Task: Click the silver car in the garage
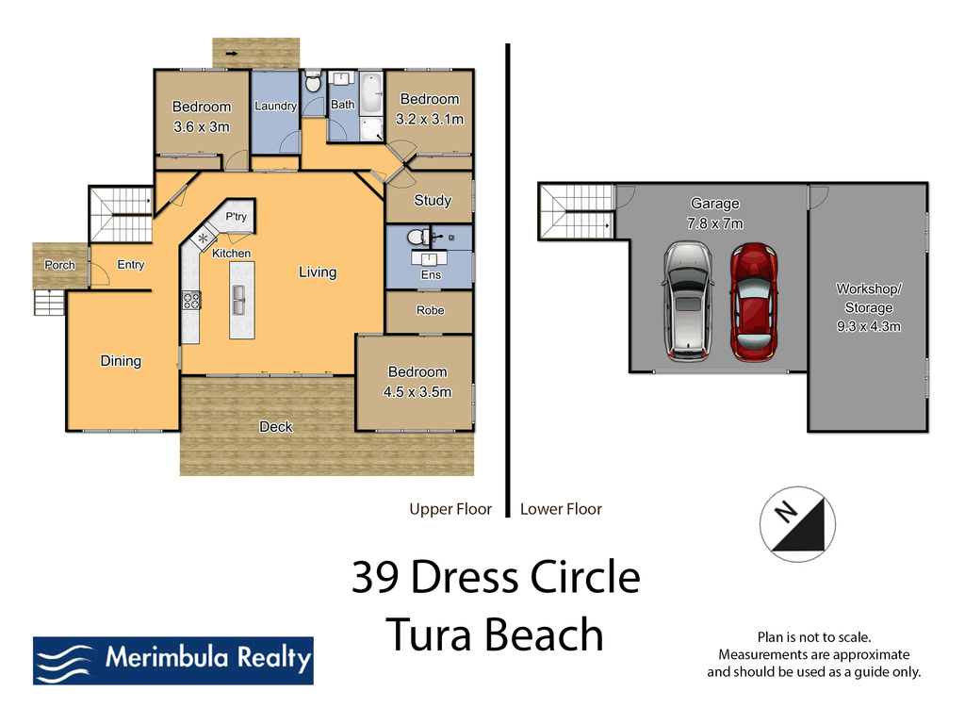tap(688, 301)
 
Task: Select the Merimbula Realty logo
tap(172, 660)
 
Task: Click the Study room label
tap(433, 200)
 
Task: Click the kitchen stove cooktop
tap(191, 301)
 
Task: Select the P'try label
tap(236, 217)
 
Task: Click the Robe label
tap(430, 310)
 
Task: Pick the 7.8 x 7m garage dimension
tap(715, 223)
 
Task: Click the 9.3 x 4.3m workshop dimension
tap(869, 327)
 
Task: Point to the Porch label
tap(59, 265)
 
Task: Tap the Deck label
tap(276, 427)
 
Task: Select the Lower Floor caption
tap(561, 509)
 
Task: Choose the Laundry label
tap(275, 106)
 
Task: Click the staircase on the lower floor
tap(575, 209)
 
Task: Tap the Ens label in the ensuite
tap(431, 275)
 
